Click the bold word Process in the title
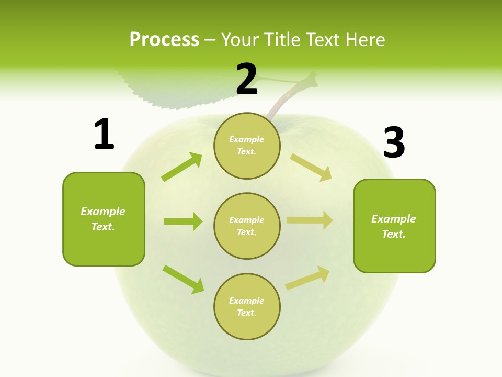[164, 39]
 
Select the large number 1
[104, 134]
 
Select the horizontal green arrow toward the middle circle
[183, 221]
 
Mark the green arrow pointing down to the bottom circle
[183, 279]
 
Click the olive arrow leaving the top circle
[311, 167]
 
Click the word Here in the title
[366, 39]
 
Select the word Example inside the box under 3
[394, 219]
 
